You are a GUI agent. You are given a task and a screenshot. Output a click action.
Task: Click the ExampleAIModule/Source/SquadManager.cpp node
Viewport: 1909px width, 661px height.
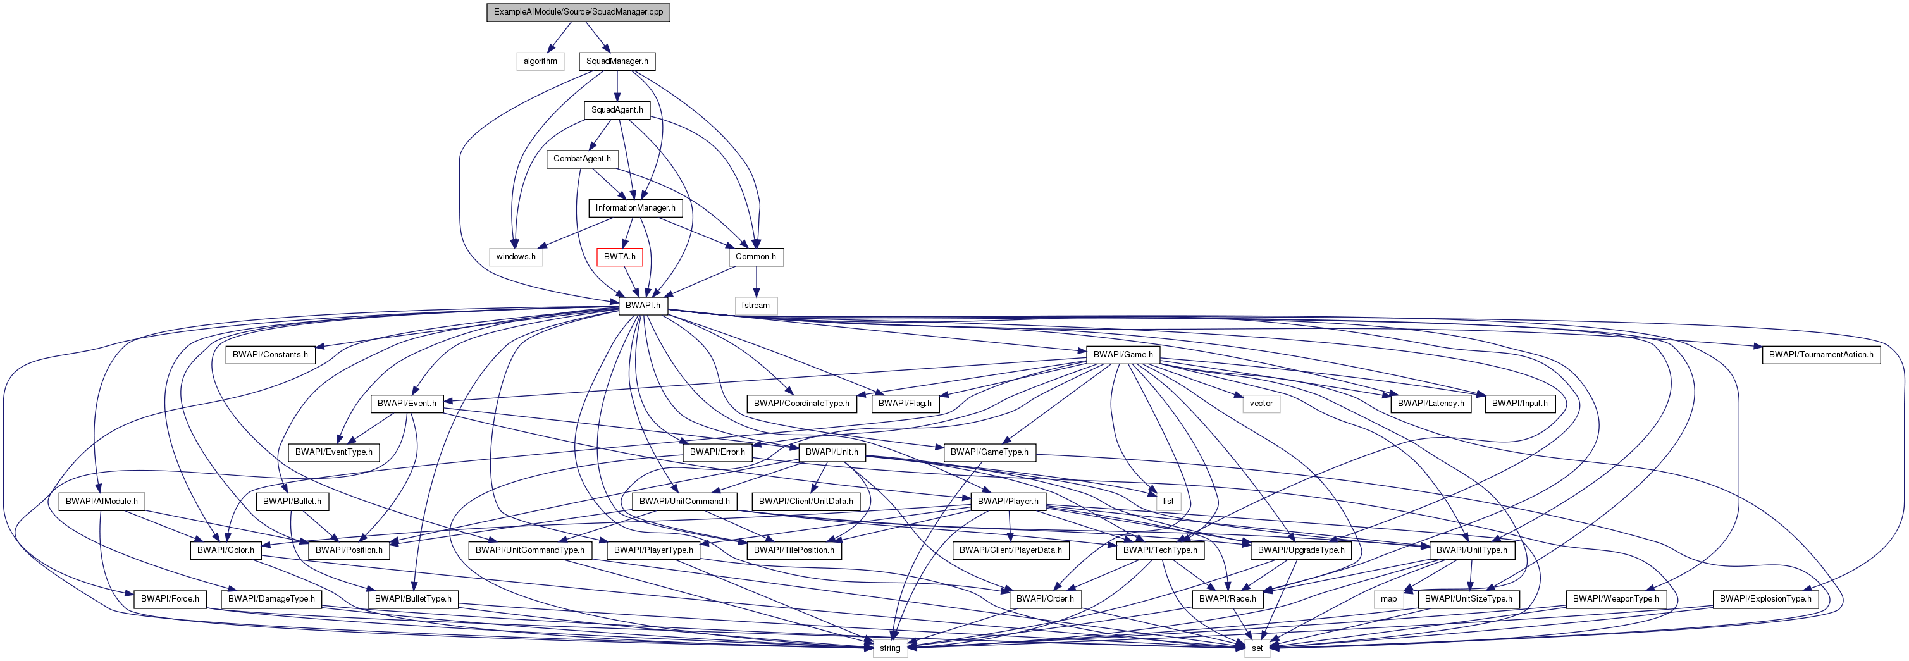pos(578,13)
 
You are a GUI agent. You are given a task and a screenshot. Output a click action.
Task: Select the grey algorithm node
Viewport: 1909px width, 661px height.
pos(540,61)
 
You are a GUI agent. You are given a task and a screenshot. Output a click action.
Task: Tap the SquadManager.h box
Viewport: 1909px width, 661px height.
pos(617,61)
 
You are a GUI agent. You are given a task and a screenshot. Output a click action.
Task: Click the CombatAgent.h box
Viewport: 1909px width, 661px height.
pos(582,159)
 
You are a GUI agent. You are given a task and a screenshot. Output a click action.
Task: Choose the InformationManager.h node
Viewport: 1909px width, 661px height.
pos(635,208)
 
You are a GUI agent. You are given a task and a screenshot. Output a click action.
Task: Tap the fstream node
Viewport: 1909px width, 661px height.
pos(755,306)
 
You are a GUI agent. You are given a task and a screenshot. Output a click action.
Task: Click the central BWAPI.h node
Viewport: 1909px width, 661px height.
pos(643,306)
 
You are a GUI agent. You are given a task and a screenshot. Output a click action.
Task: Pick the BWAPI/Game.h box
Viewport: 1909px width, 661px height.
pos(1123,355)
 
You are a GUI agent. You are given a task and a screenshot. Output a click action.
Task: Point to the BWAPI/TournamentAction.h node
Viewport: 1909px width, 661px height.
pos(1821,355)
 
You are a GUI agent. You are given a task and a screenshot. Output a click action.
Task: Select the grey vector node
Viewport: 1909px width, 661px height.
pos(1261,404)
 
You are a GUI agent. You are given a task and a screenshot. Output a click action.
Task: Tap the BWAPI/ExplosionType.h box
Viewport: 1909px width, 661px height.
pos(1765,599)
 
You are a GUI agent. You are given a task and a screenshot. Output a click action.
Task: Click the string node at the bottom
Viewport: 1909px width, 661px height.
pos(890,648)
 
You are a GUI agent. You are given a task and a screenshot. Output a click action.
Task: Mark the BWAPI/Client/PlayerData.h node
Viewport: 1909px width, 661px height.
pos(1010,550)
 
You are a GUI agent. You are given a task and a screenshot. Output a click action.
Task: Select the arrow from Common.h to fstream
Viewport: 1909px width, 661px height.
pos(755,281)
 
